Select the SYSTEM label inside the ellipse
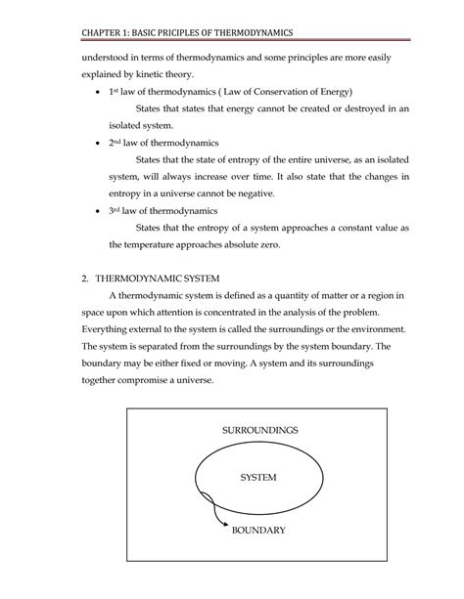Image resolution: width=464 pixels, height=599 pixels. tap(258, 478)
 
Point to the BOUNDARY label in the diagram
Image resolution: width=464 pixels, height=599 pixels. tap(258, 531)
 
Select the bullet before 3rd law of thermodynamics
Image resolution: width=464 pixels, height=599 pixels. tap(92, 211)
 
